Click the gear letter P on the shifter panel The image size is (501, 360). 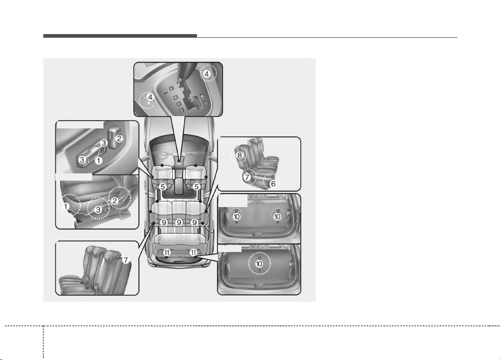point(171,89)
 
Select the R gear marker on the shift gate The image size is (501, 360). point(176,98)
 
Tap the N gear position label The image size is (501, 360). point(179,104)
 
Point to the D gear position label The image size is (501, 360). point(182,110)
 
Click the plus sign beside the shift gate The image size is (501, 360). point(202,96)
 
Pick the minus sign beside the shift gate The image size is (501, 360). point(205,103)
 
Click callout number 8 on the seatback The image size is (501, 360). point(239,155)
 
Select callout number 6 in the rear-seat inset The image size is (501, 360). point(273,183)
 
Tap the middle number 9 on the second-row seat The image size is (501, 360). point(179,222)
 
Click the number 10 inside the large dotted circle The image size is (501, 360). point(259,264)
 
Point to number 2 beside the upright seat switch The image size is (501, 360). point(119,138)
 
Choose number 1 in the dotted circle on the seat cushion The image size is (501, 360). point(66,206)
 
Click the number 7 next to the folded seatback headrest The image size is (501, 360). point(126,260)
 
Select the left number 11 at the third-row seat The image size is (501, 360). point(167,252)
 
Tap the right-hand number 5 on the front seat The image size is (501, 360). point(197,187)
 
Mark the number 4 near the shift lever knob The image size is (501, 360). point(207,74)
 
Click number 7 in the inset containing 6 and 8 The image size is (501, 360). point(247,177)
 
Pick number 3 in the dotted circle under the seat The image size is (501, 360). point(98,209)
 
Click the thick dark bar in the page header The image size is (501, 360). point(120,36)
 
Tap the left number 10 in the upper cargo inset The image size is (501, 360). point(236,217)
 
